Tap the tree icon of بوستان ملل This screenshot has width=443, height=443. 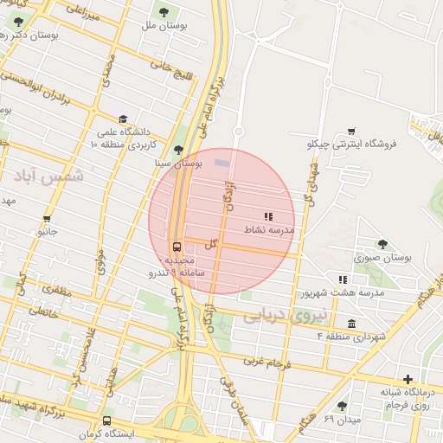coord(164,11)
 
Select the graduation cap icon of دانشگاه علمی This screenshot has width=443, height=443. coord(124,119)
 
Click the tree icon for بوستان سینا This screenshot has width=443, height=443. coord(179,150)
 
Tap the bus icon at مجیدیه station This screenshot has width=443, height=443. coord(177,246)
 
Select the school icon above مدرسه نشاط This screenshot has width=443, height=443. coord(268,215)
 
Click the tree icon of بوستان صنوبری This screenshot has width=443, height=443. coord(383,244)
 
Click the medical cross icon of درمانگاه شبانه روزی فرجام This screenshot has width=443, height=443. coord(408,379)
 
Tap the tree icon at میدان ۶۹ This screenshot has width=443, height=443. coord(343,405)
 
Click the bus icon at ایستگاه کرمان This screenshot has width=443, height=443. coord(106,420)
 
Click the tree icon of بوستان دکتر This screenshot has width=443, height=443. coord(19,22)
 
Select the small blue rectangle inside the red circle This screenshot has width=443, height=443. coord(222,163)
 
